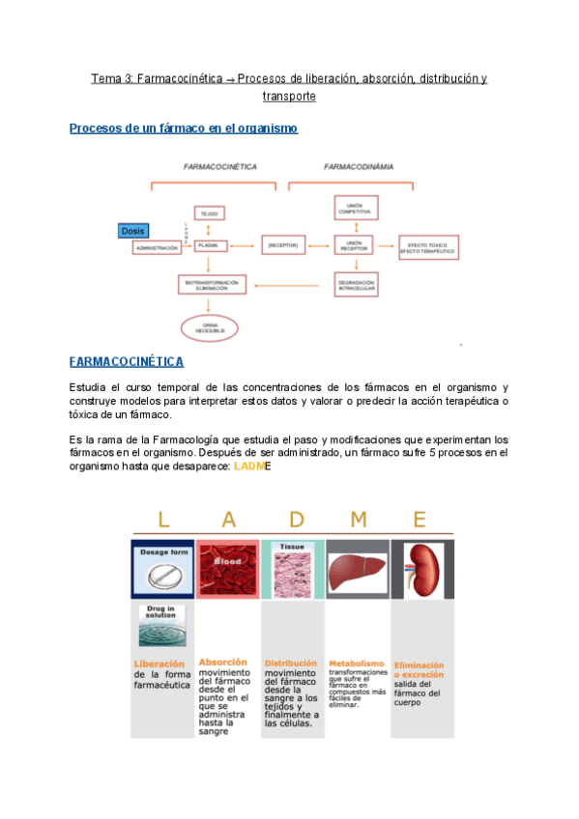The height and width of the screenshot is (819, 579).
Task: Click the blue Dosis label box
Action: point(132,231)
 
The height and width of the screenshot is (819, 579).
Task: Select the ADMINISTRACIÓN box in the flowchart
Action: point(158,248)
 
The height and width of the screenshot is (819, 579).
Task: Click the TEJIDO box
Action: point(210,212)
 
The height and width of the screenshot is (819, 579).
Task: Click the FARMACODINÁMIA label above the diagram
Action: point(359,166)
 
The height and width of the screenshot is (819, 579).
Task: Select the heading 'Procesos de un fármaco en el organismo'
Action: point(184,128)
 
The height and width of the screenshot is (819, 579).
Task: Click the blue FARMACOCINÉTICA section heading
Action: point(127,362)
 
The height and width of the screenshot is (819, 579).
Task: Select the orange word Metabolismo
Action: point(356,664)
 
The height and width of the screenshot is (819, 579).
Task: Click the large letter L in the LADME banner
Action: point(162,520)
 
